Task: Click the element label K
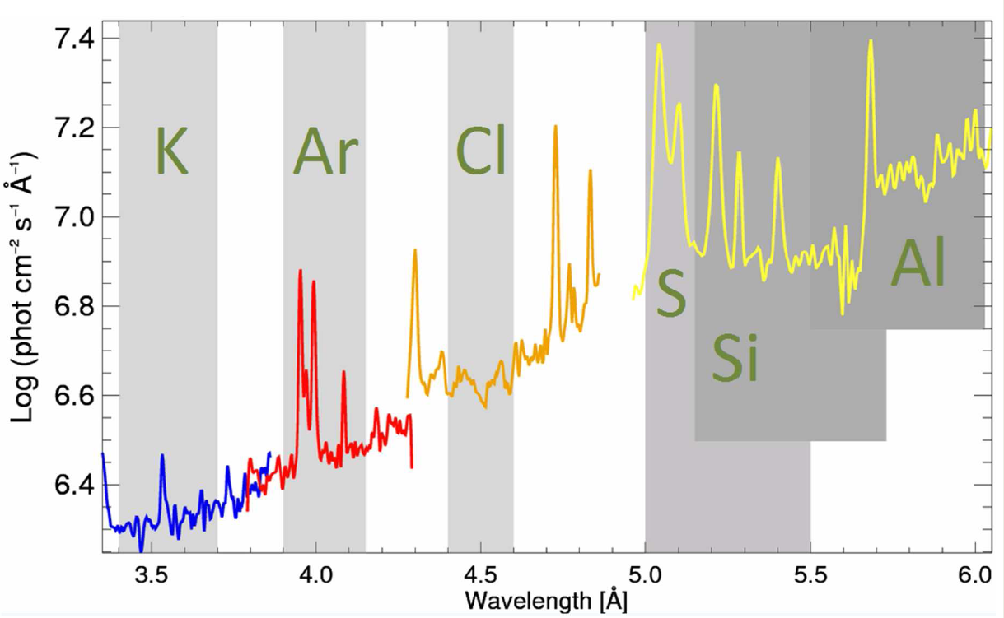[x=171, y=152]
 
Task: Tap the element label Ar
[x=325, y=152]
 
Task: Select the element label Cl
[x=481, y=152]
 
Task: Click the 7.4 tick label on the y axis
[x=72, y=39]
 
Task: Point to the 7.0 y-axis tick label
[x=72, y=217]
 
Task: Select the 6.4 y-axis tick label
[x=72, y=486]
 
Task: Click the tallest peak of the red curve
[x=300, y=271]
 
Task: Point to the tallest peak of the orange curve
[x=556, y=127]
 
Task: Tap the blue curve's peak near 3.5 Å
[x=162, y=455]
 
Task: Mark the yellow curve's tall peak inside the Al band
[x=871, y=41]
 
